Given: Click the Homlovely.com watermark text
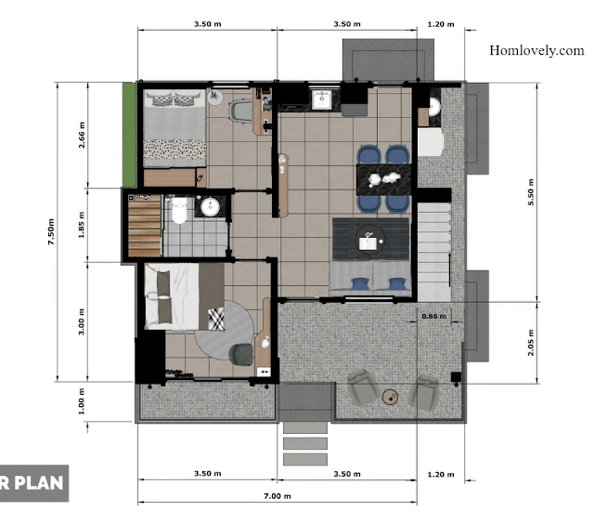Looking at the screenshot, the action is [536, 50].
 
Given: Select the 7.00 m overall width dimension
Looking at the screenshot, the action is [278, 496].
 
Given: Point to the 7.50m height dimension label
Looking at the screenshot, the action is [51, 231].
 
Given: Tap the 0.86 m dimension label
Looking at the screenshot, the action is [433, 316].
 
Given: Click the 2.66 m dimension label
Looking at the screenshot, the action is [82, 135].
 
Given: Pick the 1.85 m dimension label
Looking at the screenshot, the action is [82, 225].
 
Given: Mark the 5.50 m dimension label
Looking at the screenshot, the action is [531, 192].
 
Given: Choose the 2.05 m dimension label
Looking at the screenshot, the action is [531, 343].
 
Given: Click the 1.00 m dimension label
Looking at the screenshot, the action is [82, 401].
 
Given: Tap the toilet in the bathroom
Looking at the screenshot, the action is [179, 210].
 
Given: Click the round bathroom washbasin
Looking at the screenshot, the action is [211, 207].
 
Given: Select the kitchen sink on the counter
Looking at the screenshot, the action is [322, 99].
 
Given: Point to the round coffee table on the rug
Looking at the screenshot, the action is [370, 239].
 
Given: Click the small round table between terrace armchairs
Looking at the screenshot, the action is [390, 398].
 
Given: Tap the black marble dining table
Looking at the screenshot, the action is [383, 179].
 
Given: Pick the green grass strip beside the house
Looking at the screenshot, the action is [129, 135].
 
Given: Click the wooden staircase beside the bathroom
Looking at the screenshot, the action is [145, 226].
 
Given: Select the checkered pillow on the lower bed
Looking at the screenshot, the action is [216, 319].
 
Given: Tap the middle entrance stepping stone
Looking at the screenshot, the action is [305, 443].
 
